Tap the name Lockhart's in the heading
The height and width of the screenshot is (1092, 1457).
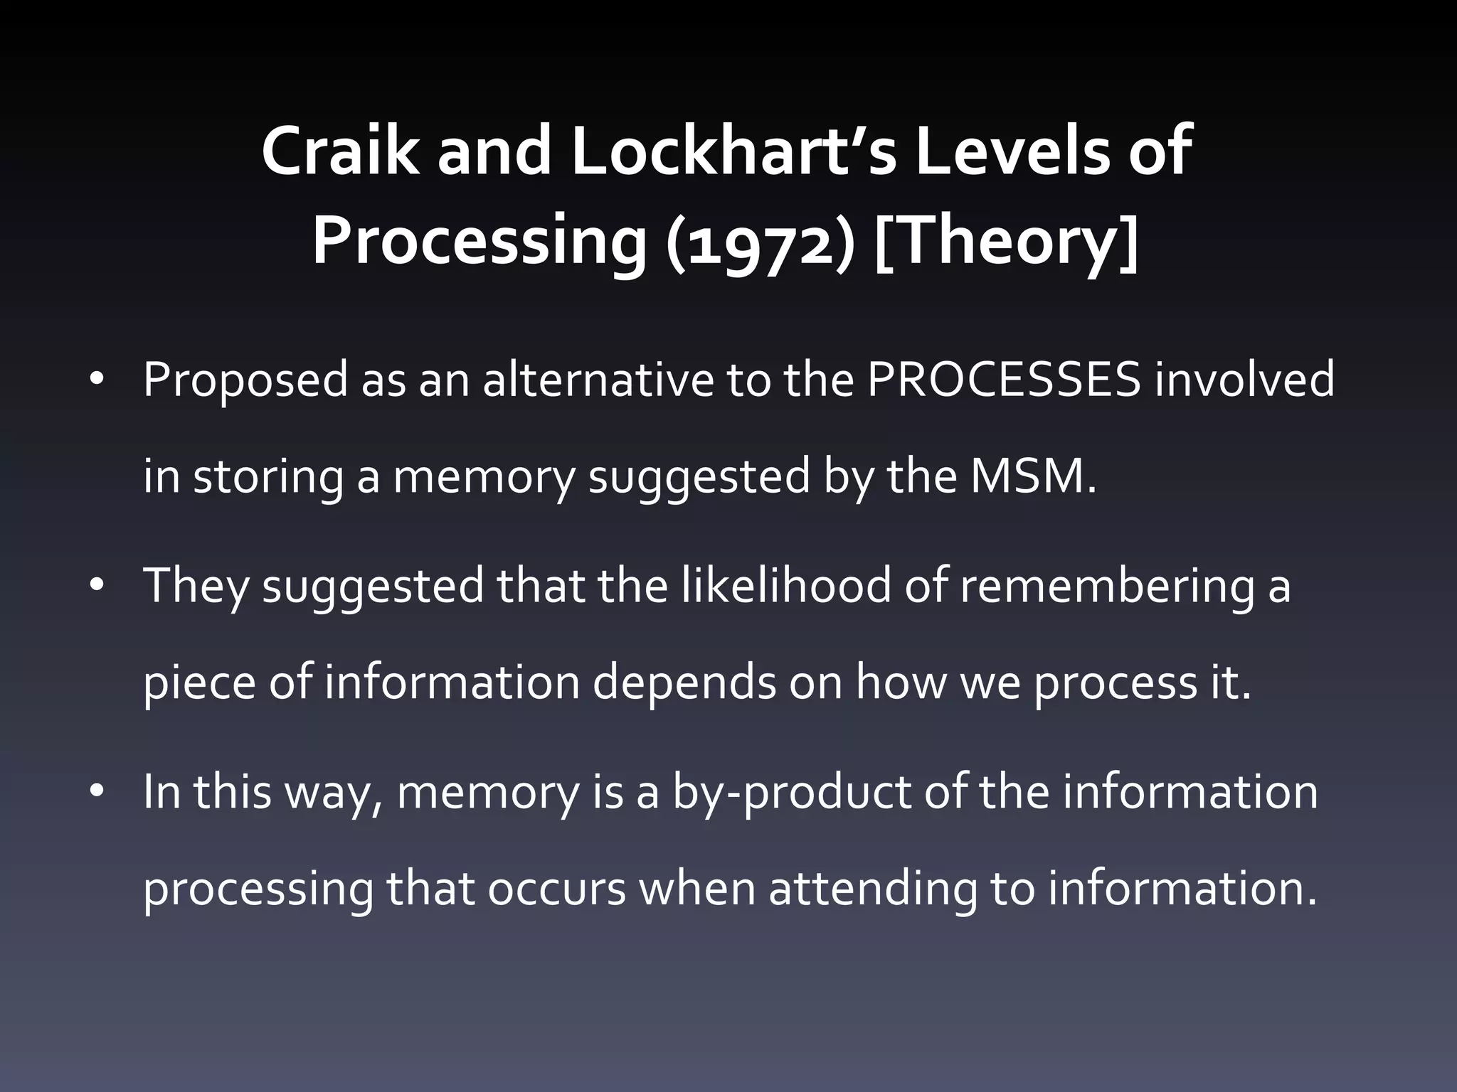click(733, 151)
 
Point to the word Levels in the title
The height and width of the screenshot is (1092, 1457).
click(1010, 151)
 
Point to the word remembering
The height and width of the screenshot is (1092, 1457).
click(1106, 587)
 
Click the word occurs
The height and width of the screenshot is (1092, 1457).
click(556, 889)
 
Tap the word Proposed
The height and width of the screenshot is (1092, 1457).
click(245, 380)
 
